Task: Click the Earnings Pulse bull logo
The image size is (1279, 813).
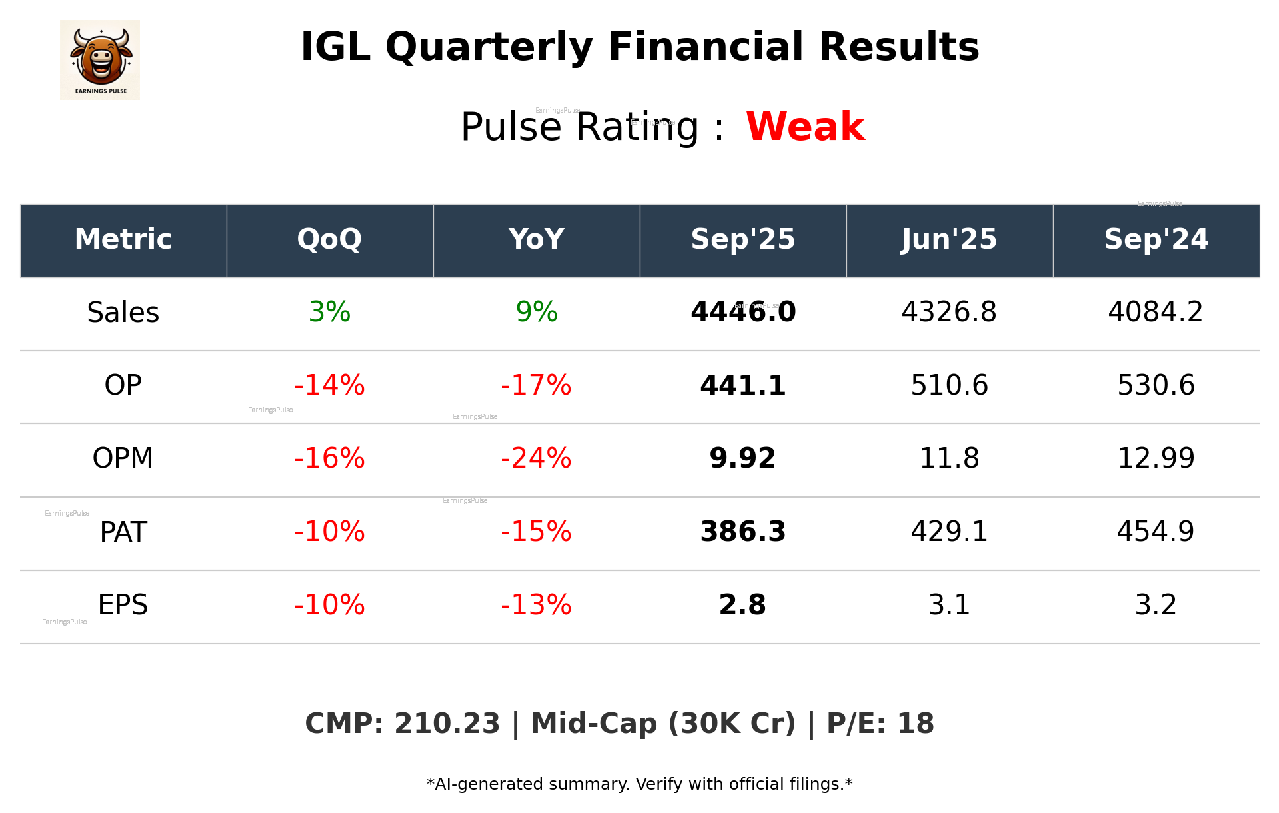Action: [100, 59]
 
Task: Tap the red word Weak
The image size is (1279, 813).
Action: [805, 127]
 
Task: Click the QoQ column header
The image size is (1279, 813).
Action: [329, 239]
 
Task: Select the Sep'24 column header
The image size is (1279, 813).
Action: [1156, 239]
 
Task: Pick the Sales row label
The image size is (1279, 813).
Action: [123, 313]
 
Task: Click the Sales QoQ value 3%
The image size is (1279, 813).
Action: [329, 313]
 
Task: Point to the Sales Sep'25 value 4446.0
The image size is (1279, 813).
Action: [742, 313]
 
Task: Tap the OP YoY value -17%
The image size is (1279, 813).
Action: [536, 386]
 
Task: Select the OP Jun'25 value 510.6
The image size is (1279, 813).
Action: [949, 386]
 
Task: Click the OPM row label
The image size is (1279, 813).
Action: [123, 459]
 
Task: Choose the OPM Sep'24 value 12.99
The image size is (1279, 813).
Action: [1156, 459]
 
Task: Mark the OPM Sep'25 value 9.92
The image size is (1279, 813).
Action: [742, 459]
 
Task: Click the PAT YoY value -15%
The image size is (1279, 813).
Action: [536, 532]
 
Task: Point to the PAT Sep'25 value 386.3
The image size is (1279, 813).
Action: [742, 532]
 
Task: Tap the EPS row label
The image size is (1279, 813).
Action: [123, 606]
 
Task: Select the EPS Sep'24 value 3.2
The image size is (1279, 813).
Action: [1156, 606]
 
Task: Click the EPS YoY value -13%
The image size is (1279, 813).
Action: [536, 606]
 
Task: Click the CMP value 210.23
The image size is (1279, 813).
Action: [447, 724]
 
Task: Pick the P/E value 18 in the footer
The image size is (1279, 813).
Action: [916, 724]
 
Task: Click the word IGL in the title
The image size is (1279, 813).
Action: [335, 48]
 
